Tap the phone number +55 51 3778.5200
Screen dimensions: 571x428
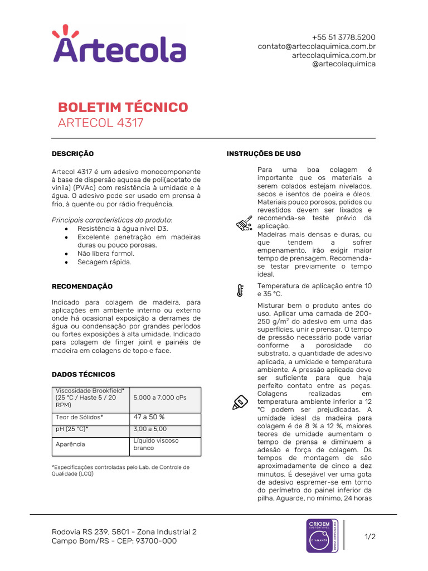[343, 37]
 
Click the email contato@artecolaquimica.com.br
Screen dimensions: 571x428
[316, 46]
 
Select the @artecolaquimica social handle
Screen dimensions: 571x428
[343, 64]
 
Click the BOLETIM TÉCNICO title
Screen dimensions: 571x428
[123, 107]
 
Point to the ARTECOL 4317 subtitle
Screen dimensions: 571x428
[100, 123]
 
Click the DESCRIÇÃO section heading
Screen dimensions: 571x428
[72, 154]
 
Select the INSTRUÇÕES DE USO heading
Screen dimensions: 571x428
[264, 154]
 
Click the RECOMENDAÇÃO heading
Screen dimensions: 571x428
[82, 287]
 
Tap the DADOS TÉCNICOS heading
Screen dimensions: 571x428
[83, 375]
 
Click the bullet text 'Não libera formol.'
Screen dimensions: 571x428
[105, 254]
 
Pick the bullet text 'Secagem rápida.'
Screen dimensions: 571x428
[104, 262]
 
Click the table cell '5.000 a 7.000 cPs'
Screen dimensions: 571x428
[160, 397]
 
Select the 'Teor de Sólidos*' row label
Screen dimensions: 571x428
[79, 417]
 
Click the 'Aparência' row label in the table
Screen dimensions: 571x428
[70, 444]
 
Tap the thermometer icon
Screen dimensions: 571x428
[240, 290]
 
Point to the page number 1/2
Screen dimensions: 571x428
[370, 537]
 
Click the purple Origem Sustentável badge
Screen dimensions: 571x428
[322, 536]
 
